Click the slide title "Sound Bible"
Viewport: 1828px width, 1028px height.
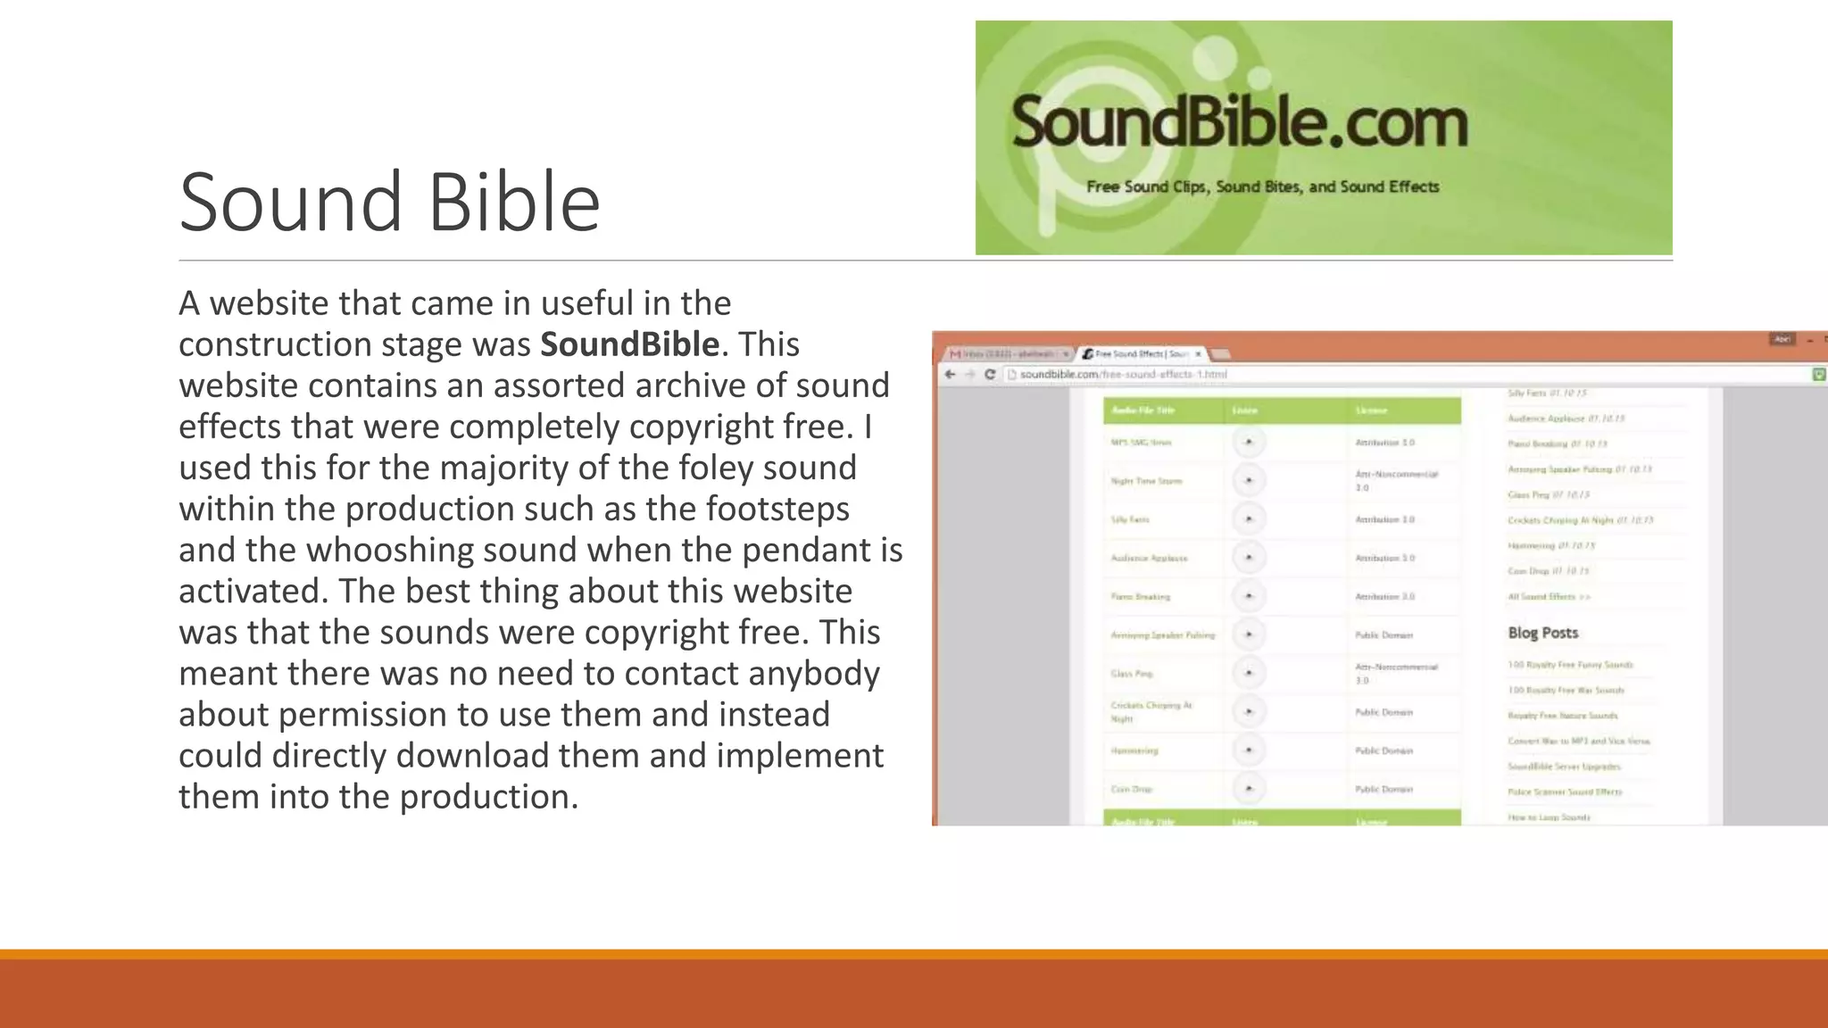click(x=389, y=203)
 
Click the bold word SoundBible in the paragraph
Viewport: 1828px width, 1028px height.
click(x=629, y=344)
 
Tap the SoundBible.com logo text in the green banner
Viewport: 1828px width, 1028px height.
click(x=1239, y=123)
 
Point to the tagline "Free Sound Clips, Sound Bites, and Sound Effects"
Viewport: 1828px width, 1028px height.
click(x=1262, y=187)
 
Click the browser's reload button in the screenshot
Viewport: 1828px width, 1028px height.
click(x=990, y=374)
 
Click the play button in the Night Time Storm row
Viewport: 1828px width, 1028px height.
click(x=1249, y=481)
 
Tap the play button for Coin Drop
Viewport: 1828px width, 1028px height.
click(x=1249, y=789)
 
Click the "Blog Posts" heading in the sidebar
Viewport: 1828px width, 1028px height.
click(x=1542, y=633)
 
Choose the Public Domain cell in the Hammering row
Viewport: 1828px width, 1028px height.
click(x=1383, y=750)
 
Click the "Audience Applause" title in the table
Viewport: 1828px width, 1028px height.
click(x=1149, y=558)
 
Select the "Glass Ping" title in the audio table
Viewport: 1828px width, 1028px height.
click(x=1132, y=674)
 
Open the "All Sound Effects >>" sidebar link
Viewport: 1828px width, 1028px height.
click(x=1549, y=596)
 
